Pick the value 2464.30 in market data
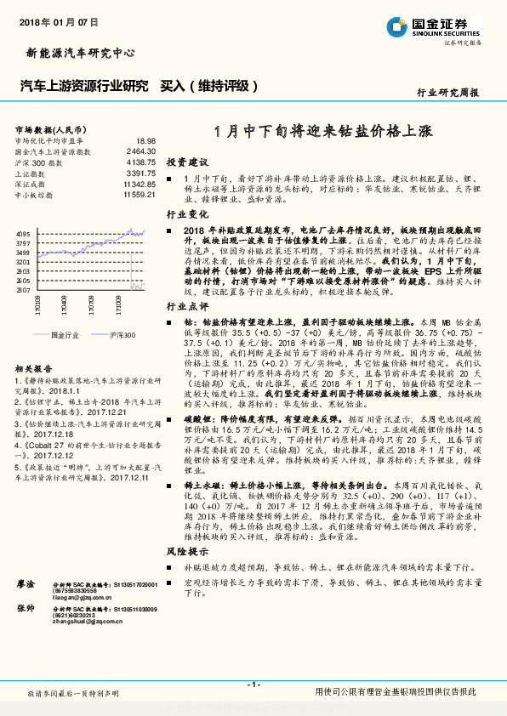140,151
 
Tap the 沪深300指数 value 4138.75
140,162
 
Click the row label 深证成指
31,184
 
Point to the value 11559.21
139,195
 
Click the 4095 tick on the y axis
23,233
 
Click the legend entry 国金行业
63,336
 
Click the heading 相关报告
35,369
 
